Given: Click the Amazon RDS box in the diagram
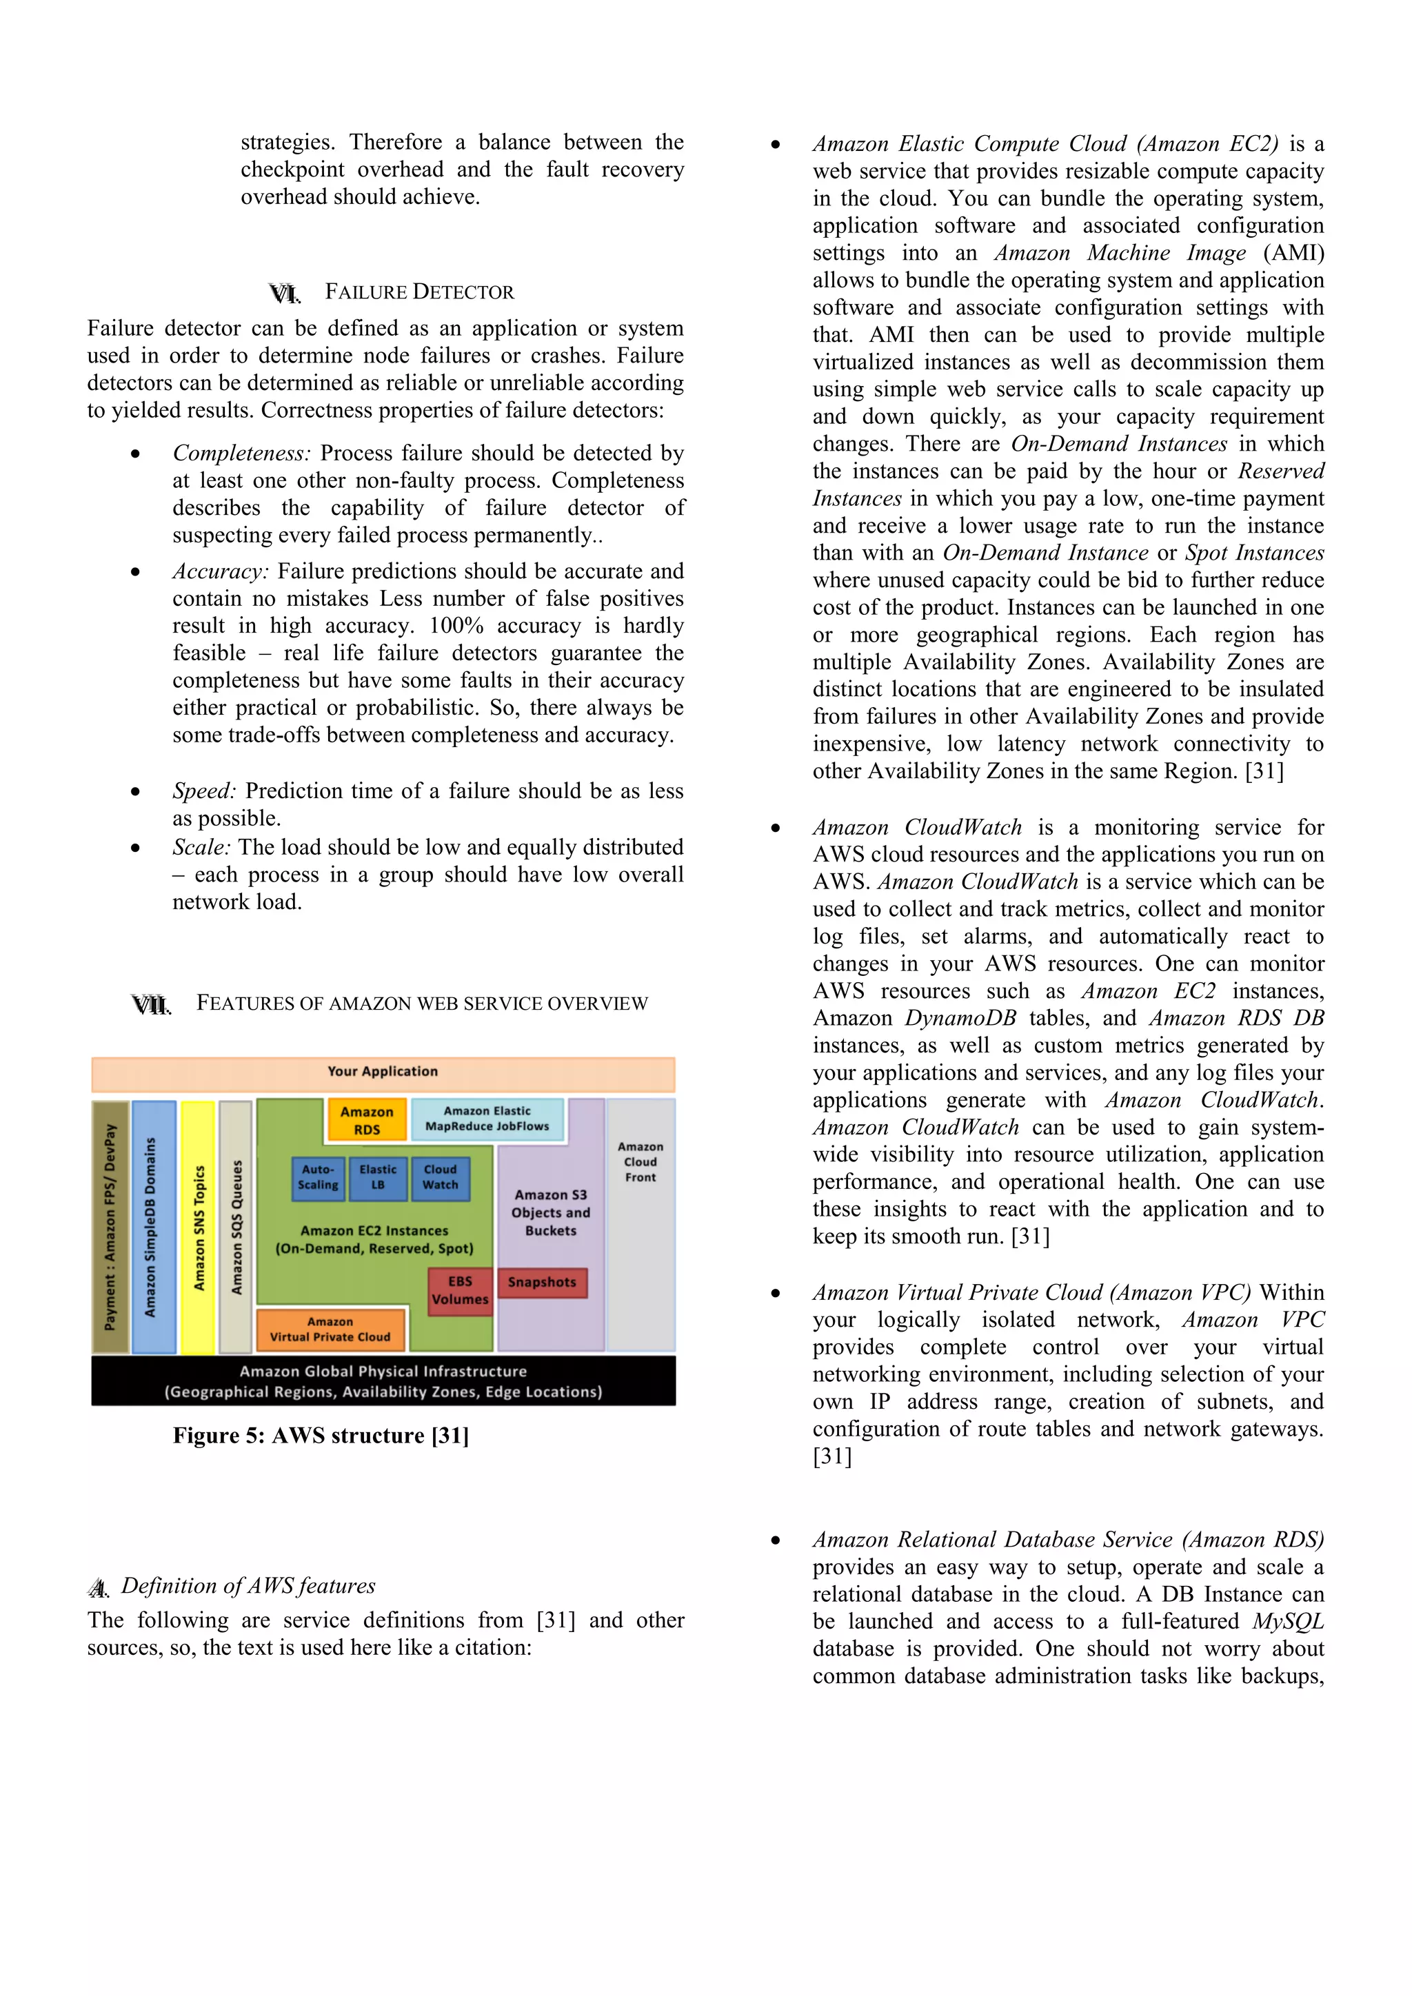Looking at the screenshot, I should coord(367,1120).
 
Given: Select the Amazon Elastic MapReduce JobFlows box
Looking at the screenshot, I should coord(487,1118).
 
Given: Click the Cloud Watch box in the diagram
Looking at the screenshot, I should coord(440,1177).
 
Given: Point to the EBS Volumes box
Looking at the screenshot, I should coord(460,1290).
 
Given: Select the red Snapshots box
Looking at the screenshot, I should coord(542,1282).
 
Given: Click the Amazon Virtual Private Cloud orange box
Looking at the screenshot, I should coord(330,1330).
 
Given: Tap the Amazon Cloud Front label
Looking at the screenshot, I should coord(640,1161).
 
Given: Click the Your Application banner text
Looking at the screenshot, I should coord(383,1071).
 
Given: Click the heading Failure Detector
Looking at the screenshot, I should coord(419,292).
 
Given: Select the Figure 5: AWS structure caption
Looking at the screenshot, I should coord(320,1435).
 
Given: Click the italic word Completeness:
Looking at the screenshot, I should coord(241,454).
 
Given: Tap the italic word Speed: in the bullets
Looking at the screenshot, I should coord(203,791).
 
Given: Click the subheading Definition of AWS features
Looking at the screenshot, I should coord(248,1586).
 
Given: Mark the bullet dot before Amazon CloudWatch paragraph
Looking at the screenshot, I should coord(775,828).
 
